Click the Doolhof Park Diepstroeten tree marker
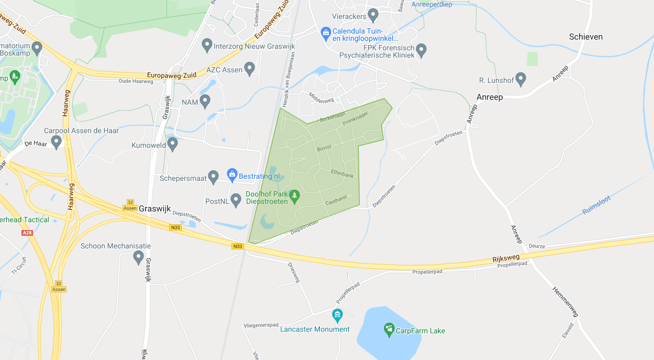[294, 195]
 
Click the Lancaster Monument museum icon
[337, 315]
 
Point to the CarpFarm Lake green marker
[389, 329]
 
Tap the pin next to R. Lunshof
[520, 79]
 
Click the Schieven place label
[585, 37]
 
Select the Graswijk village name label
[156, 208]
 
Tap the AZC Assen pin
[250, 68]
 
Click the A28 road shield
[27, 233]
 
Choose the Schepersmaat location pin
[213, 177]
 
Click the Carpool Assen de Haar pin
[56, 141]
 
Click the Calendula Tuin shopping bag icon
[326, 32]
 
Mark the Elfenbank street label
[342, 173]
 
